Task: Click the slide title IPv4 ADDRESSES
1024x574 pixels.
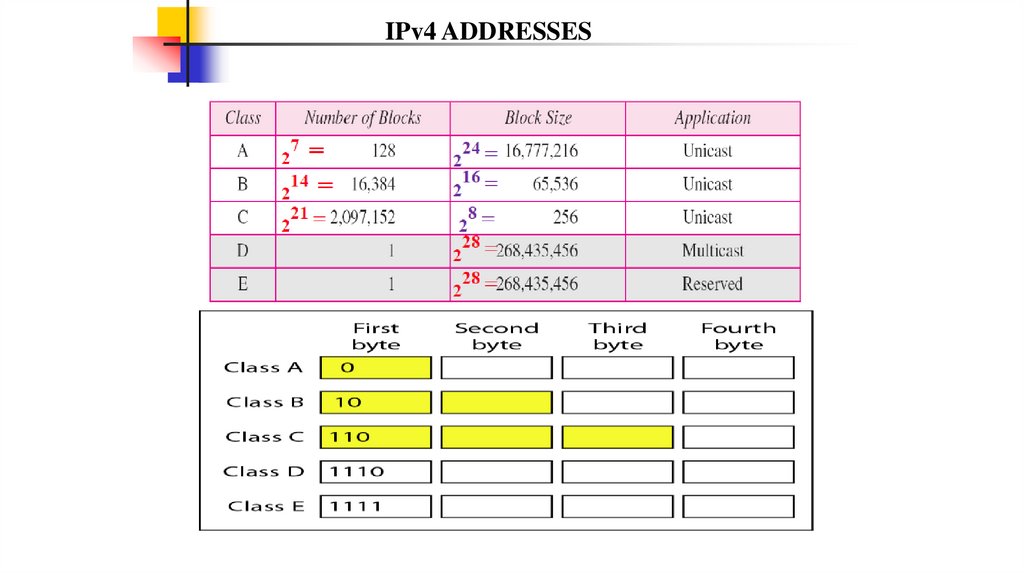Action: (489, 32)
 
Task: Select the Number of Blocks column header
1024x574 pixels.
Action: (362, 118)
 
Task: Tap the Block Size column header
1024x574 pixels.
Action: (538, 118)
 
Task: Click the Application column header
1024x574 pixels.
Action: (712, 118)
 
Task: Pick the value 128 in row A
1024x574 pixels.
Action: (382, 151)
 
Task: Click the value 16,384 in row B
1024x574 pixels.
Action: (374, 185)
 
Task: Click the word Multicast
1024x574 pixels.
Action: (712, 251)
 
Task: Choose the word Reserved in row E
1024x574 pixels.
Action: (712, 284)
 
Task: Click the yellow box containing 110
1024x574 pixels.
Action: (375, 437)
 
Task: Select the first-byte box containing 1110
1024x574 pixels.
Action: (375, 471)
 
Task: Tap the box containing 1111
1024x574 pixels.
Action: (375, 506)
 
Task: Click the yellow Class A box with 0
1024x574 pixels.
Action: (375, 368)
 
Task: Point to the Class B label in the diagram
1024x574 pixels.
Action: (265, 402)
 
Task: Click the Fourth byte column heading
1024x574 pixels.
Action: (738, 336)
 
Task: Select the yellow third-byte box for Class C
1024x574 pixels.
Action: (617, 437)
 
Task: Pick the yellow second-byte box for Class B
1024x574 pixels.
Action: (496, 402)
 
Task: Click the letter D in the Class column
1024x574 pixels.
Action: (242, 251)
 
